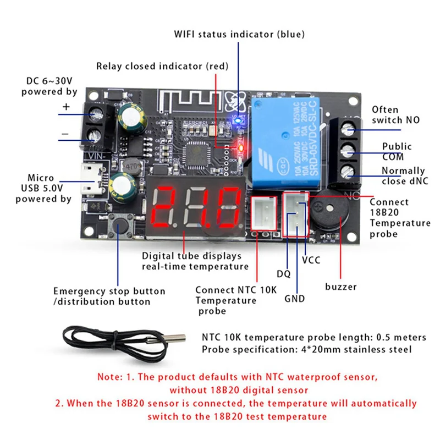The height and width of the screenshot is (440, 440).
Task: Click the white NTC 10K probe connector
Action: pyautogui.click(x=263, y=211)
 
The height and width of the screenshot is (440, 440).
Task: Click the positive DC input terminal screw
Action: pyautogui.click(x=97, y=114)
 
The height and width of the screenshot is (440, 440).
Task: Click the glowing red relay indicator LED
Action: pyautogui.click(x=239, y=146)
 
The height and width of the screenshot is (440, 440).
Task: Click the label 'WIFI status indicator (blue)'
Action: pyautogui.click(x=239, y=35)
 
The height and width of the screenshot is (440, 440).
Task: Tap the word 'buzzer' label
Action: pyautogui.click(x=340, y=287)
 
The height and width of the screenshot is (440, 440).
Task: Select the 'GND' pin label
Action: pyautogui.click(x=295, y=299)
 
